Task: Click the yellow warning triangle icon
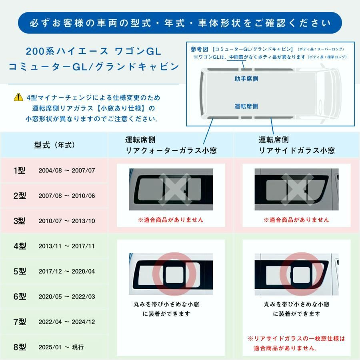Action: (x=18, y=97)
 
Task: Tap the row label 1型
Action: (x=20, y=170)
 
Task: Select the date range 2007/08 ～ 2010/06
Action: (x=67, y=196)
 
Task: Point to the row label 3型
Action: (x=20, y=221)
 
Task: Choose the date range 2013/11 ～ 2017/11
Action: (x=67, y=246)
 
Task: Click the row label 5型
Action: (x=20, y=271)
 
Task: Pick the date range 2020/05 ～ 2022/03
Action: (x=67, y=296)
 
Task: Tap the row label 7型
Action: (x=20, y=322)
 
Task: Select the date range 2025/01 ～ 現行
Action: (x=61, y=347)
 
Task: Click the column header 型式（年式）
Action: (x=54, y=145)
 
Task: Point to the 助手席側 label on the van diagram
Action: (x=246, y=79)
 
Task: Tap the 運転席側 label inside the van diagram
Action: (x=246, y=106)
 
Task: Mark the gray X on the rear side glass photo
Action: (x=296, y=189)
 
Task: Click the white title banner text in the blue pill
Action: (x=180, y=23)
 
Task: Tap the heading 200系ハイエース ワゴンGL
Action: (x=93, y=51)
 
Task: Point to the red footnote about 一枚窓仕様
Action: (x=296, y=343)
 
